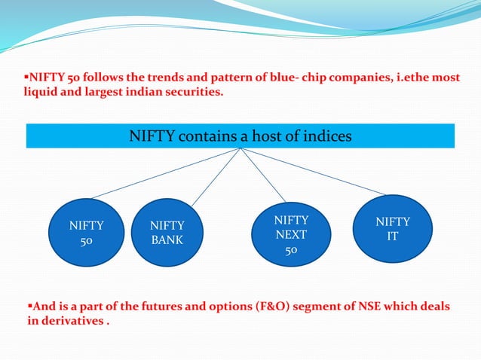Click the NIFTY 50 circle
tap(87, 233)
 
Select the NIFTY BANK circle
tap(167, 233)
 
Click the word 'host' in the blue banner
tap(274, 136)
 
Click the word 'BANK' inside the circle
tap(167, 241)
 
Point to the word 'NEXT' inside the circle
tap(291, 233)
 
